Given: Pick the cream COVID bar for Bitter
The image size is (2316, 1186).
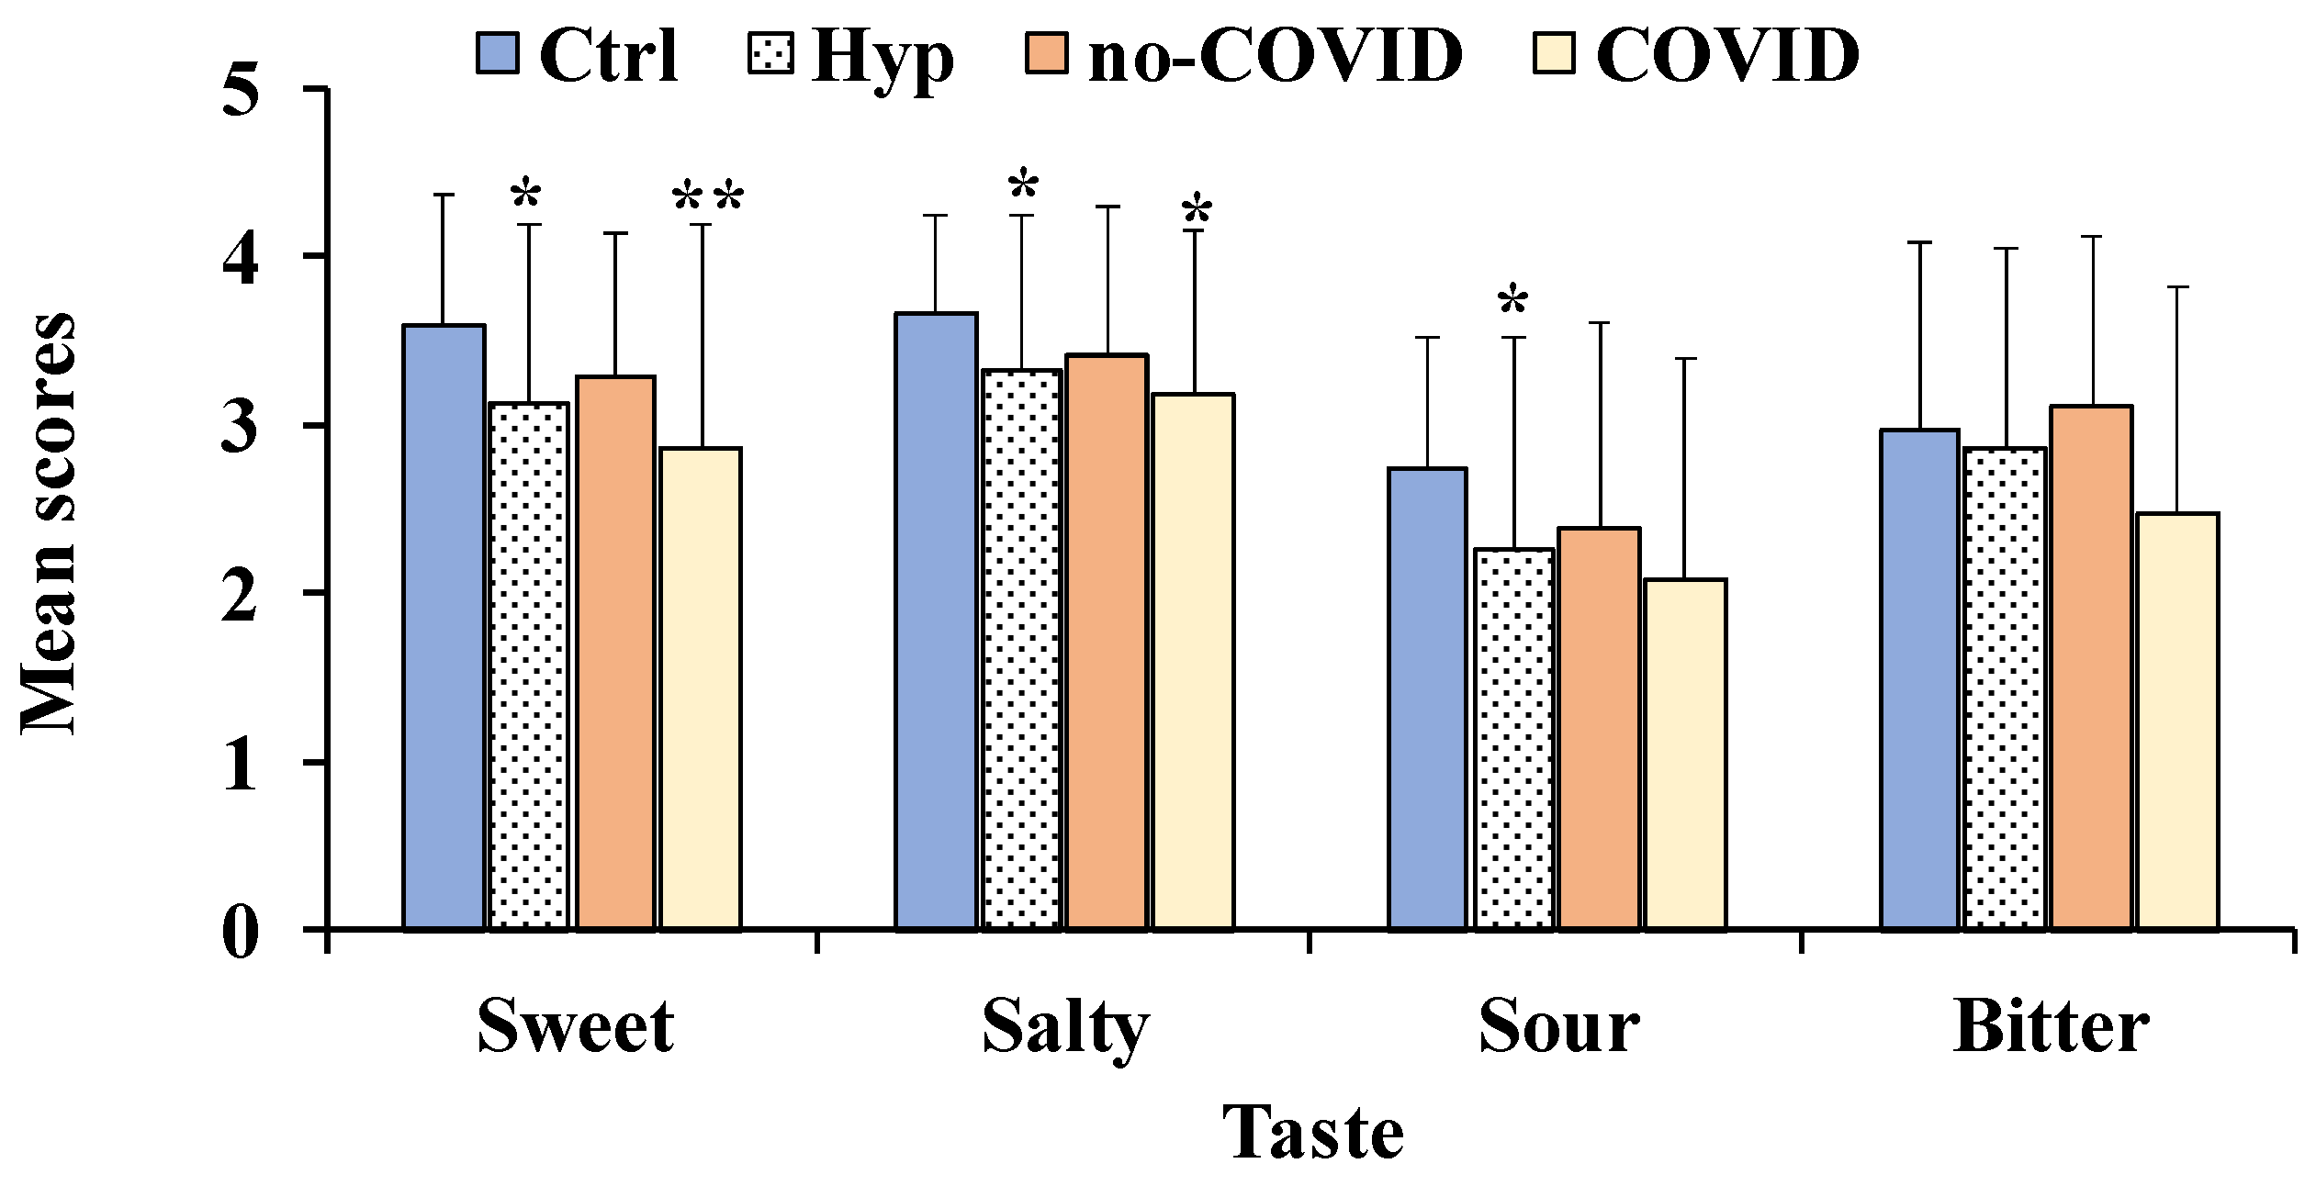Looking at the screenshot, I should click(2177, 721).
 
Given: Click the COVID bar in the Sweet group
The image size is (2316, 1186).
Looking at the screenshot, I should click(701, 688).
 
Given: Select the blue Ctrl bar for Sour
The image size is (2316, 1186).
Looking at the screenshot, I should click(1427, 698).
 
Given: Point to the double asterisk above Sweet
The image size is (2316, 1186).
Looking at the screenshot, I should click(707, 198).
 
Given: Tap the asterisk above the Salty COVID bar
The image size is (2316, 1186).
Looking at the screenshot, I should click(1197, 212).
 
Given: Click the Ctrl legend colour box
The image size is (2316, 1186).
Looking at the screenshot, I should click(498, 53).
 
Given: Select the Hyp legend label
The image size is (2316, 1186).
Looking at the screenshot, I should click(883, 57).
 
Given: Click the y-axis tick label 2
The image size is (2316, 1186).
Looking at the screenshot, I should click(241, 594).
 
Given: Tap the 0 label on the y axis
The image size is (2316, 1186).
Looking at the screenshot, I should click(241, 933).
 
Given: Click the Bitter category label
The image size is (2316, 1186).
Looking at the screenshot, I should click(2050, 1026).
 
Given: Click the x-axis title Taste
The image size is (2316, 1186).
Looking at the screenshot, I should click(1312, 1132).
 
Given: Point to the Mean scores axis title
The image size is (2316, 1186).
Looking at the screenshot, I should click(49, 523).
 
